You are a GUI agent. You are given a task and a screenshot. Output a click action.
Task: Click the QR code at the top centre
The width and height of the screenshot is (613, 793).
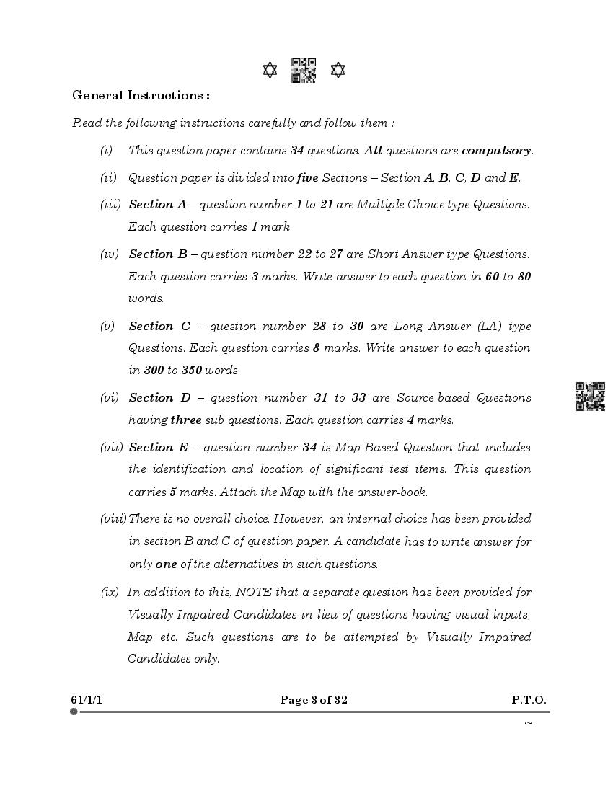[304, 71]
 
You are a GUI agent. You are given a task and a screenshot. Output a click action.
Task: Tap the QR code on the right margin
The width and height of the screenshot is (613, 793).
[590, 396]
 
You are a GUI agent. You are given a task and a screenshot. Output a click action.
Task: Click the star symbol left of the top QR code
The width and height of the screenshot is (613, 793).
[270, 70]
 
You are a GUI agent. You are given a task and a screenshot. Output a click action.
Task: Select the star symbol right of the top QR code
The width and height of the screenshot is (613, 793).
[338, 70]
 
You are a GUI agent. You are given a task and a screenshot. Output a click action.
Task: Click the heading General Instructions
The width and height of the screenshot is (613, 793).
[141, 95]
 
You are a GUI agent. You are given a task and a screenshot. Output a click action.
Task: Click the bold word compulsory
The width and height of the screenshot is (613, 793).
[496, 151]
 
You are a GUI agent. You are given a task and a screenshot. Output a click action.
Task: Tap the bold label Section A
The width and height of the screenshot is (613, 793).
[157, 204]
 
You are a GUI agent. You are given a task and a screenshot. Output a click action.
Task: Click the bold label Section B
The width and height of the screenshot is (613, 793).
[157, 254]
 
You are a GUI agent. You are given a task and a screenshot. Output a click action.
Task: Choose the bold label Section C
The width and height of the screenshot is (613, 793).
[159, 326]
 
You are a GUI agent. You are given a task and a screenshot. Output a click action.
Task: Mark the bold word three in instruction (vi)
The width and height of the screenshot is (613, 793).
[185, 420]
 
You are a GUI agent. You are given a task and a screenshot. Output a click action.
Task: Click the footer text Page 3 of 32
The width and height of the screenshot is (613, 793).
[314, 699]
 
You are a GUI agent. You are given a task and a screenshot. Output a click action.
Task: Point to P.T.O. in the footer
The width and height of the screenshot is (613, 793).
[529, 699]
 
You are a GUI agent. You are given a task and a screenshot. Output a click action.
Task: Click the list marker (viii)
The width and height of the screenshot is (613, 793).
[113, 518]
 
